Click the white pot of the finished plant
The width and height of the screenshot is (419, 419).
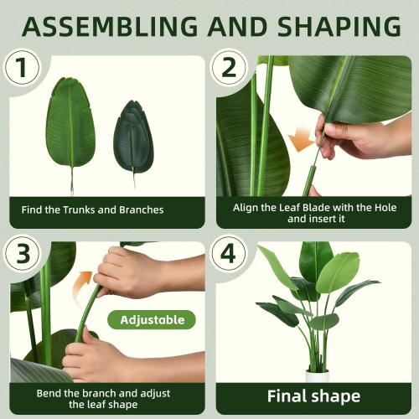coord(317,375)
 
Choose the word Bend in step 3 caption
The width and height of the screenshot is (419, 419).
coord(48,392)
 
